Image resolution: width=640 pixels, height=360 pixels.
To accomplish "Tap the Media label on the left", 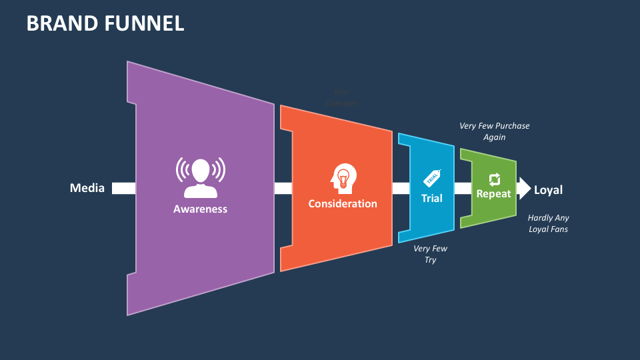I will [x=87, y=188].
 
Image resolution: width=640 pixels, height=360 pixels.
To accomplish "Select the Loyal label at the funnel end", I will [x=548, y=190].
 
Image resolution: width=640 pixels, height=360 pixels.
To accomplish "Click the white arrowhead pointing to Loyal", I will [x=524, y=189].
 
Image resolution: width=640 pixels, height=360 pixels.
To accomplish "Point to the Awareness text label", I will [x=200, y=209].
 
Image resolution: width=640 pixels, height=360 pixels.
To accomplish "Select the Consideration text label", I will [x=343, y=203].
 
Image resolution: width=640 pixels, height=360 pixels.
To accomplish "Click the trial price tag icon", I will [x=432, y=178].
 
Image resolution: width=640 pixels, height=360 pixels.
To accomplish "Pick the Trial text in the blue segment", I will [x=432, y=198].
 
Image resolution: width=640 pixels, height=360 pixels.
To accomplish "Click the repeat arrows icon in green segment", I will [x=494, y=179].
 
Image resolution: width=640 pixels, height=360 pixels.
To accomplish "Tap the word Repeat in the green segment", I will [x=493, y=194].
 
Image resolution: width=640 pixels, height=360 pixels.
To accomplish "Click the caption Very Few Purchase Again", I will [x=494, y=131].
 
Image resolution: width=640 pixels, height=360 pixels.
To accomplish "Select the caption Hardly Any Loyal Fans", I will [x=548, y=223].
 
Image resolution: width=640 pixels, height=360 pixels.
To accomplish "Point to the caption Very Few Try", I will [x=430, y=254].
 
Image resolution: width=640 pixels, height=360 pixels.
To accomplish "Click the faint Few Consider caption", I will [x=341, y=98].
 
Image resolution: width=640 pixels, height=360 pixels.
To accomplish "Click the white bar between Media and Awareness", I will [x=123, y=188].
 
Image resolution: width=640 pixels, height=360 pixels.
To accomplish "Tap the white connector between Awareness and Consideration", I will [x=283, y=188].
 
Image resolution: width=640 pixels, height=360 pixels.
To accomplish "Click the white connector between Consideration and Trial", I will [x=401, y=188].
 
